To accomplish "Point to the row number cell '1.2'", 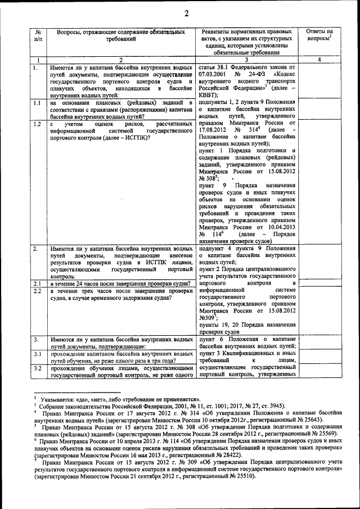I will tap(38, 124).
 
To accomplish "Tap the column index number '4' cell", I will tap(319, 60).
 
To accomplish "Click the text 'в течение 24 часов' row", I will tap(120, 283).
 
